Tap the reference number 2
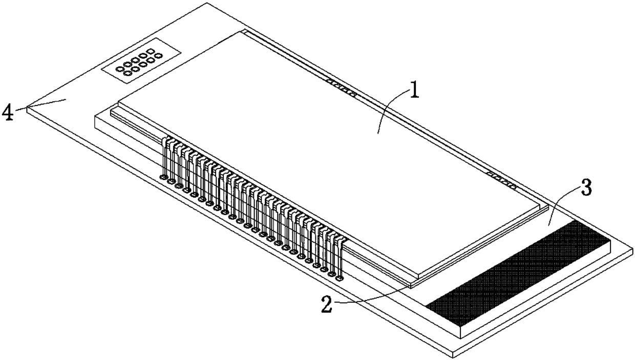[326, 305]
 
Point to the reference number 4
[8, 112]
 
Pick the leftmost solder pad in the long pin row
[164, 178]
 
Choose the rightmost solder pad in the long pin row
[338, 279]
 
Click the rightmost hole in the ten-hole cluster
[159, 55]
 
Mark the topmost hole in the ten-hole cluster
[151, 51]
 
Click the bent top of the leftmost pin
[165, 140]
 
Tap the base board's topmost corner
[192, 3]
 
